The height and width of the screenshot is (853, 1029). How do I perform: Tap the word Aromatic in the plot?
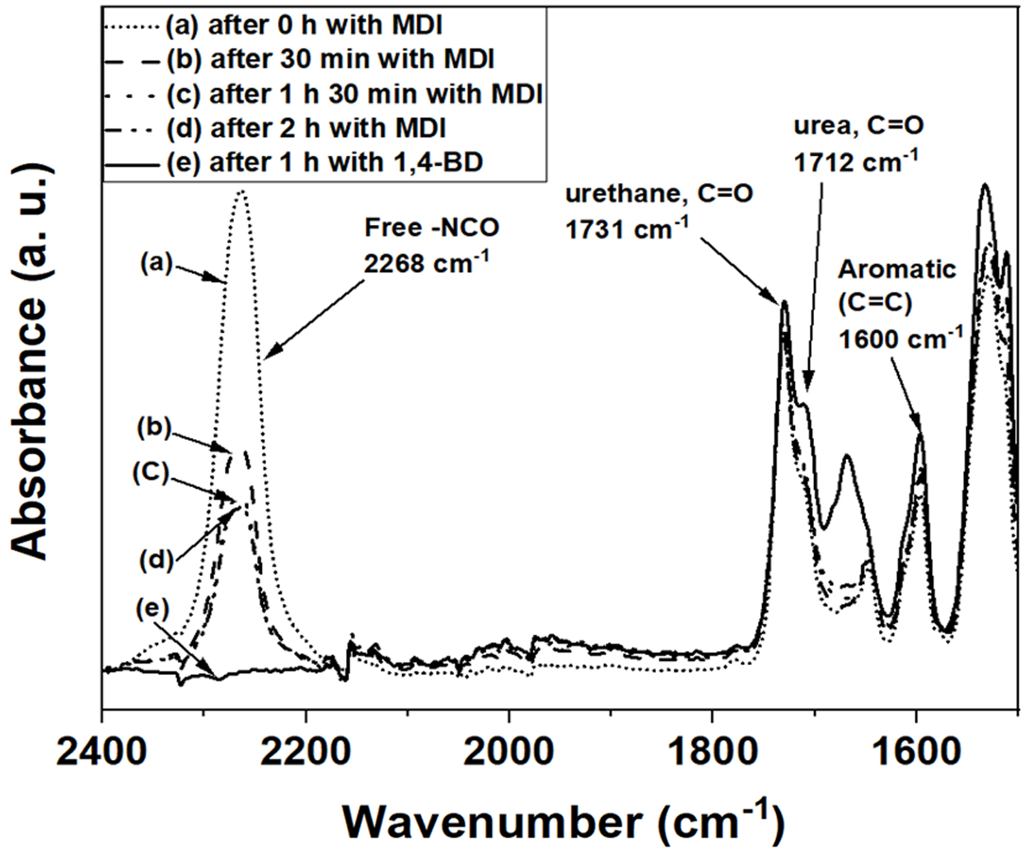(886, 269)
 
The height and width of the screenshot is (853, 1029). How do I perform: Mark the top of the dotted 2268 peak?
(241, 191)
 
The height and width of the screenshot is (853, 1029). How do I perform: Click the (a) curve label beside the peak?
(155, 265)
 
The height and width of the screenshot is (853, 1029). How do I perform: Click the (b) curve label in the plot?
(154, 428)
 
